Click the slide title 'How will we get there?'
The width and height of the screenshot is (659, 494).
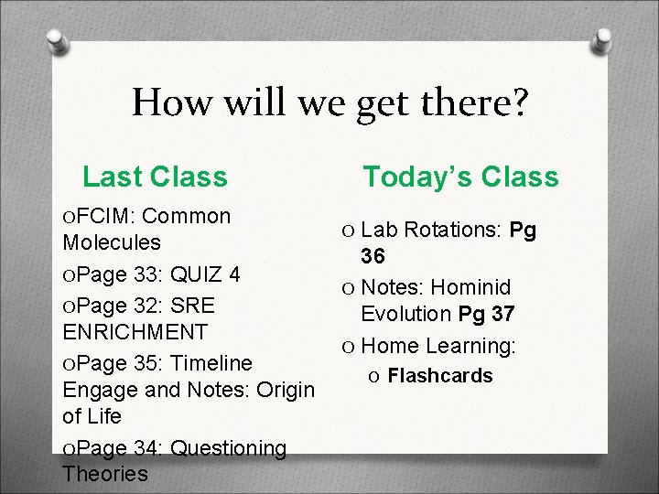329,102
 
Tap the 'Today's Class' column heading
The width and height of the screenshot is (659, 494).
460,176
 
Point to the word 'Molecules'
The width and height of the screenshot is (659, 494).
112,243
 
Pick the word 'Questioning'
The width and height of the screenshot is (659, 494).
229,447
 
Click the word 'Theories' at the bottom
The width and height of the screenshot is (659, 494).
105,474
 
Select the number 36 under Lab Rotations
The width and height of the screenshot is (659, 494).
373,255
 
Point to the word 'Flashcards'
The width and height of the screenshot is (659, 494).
440,376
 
